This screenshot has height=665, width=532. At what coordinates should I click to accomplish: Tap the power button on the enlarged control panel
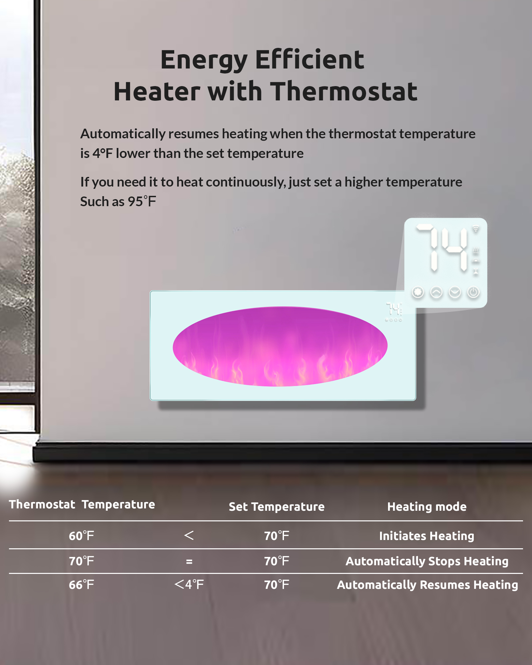pos(473,292)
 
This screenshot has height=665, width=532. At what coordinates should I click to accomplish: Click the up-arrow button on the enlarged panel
pos(436,292)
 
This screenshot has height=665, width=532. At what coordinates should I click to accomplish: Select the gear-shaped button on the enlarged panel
pos(418,292)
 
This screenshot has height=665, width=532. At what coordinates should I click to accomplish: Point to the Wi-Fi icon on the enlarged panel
pos(476,229)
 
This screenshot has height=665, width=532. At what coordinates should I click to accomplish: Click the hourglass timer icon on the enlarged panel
pos(476,272)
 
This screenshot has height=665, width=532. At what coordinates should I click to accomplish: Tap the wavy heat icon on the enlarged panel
pos(476,250)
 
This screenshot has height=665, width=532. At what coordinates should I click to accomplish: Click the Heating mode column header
pos(427,507)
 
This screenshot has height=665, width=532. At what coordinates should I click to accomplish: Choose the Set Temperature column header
pos(277,507)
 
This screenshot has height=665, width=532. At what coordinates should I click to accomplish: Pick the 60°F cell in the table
pos(81,536)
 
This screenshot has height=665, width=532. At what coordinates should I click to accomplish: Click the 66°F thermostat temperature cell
pos(81,585)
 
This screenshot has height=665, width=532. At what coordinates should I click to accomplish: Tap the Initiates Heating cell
pos(427,536)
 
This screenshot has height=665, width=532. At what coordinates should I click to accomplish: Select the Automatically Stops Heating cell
pos(427,561)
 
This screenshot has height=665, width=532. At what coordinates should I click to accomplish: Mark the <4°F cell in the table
pos(189,584)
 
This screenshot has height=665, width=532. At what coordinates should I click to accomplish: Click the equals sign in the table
pos(189,562)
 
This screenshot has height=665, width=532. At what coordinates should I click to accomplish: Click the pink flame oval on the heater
pos(280,346)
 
